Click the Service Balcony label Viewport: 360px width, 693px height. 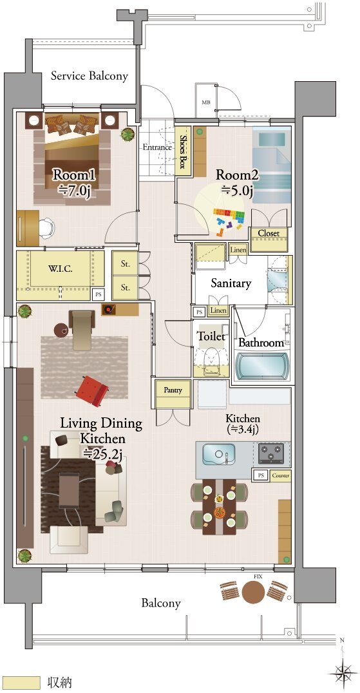coord(90,75)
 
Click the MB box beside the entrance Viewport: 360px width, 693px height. coord(206,102)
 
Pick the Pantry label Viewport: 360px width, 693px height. coord(173,390)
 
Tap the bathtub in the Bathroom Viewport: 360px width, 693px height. coord(261,365)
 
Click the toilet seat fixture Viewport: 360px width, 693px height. coord(211,356)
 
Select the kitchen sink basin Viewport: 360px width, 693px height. coord(219,454)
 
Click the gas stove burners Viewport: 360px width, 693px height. coord(270,453)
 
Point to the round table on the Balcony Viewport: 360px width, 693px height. coord(253,591)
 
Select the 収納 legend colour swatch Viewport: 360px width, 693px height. coord(21,683)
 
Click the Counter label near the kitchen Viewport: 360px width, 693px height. coord(281,475)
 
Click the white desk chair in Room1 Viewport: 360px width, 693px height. coord(47,229)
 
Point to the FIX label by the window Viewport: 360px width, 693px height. coord(258,577)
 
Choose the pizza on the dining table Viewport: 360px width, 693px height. coord(220,513)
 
